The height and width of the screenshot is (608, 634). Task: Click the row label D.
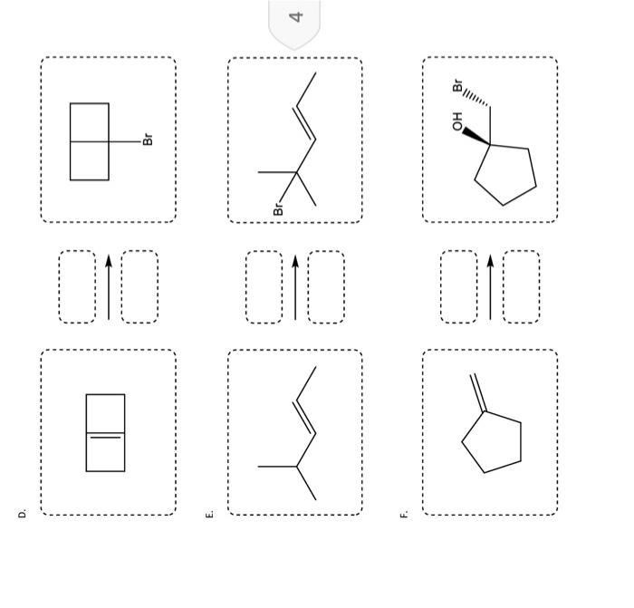point(23,514)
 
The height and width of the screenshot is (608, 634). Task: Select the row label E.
point(210,514)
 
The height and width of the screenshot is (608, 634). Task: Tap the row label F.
point(404,514)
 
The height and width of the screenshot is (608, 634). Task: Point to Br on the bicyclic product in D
point(149,140)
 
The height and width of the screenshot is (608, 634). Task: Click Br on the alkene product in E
point(278,208)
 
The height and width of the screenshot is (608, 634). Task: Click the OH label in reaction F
point(457,121)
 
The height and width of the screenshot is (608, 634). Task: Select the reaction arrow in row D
point(109,286)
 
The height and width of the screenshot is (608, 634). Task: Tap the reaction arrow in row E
point(295,286)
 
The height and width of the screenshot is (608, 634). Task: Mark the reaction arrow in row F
point(490,286)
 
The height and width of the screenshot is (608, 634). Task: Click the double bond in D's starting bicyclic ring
point(105,436)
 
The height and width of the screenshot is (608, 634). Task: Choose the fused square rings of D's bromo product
point(90,141)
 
